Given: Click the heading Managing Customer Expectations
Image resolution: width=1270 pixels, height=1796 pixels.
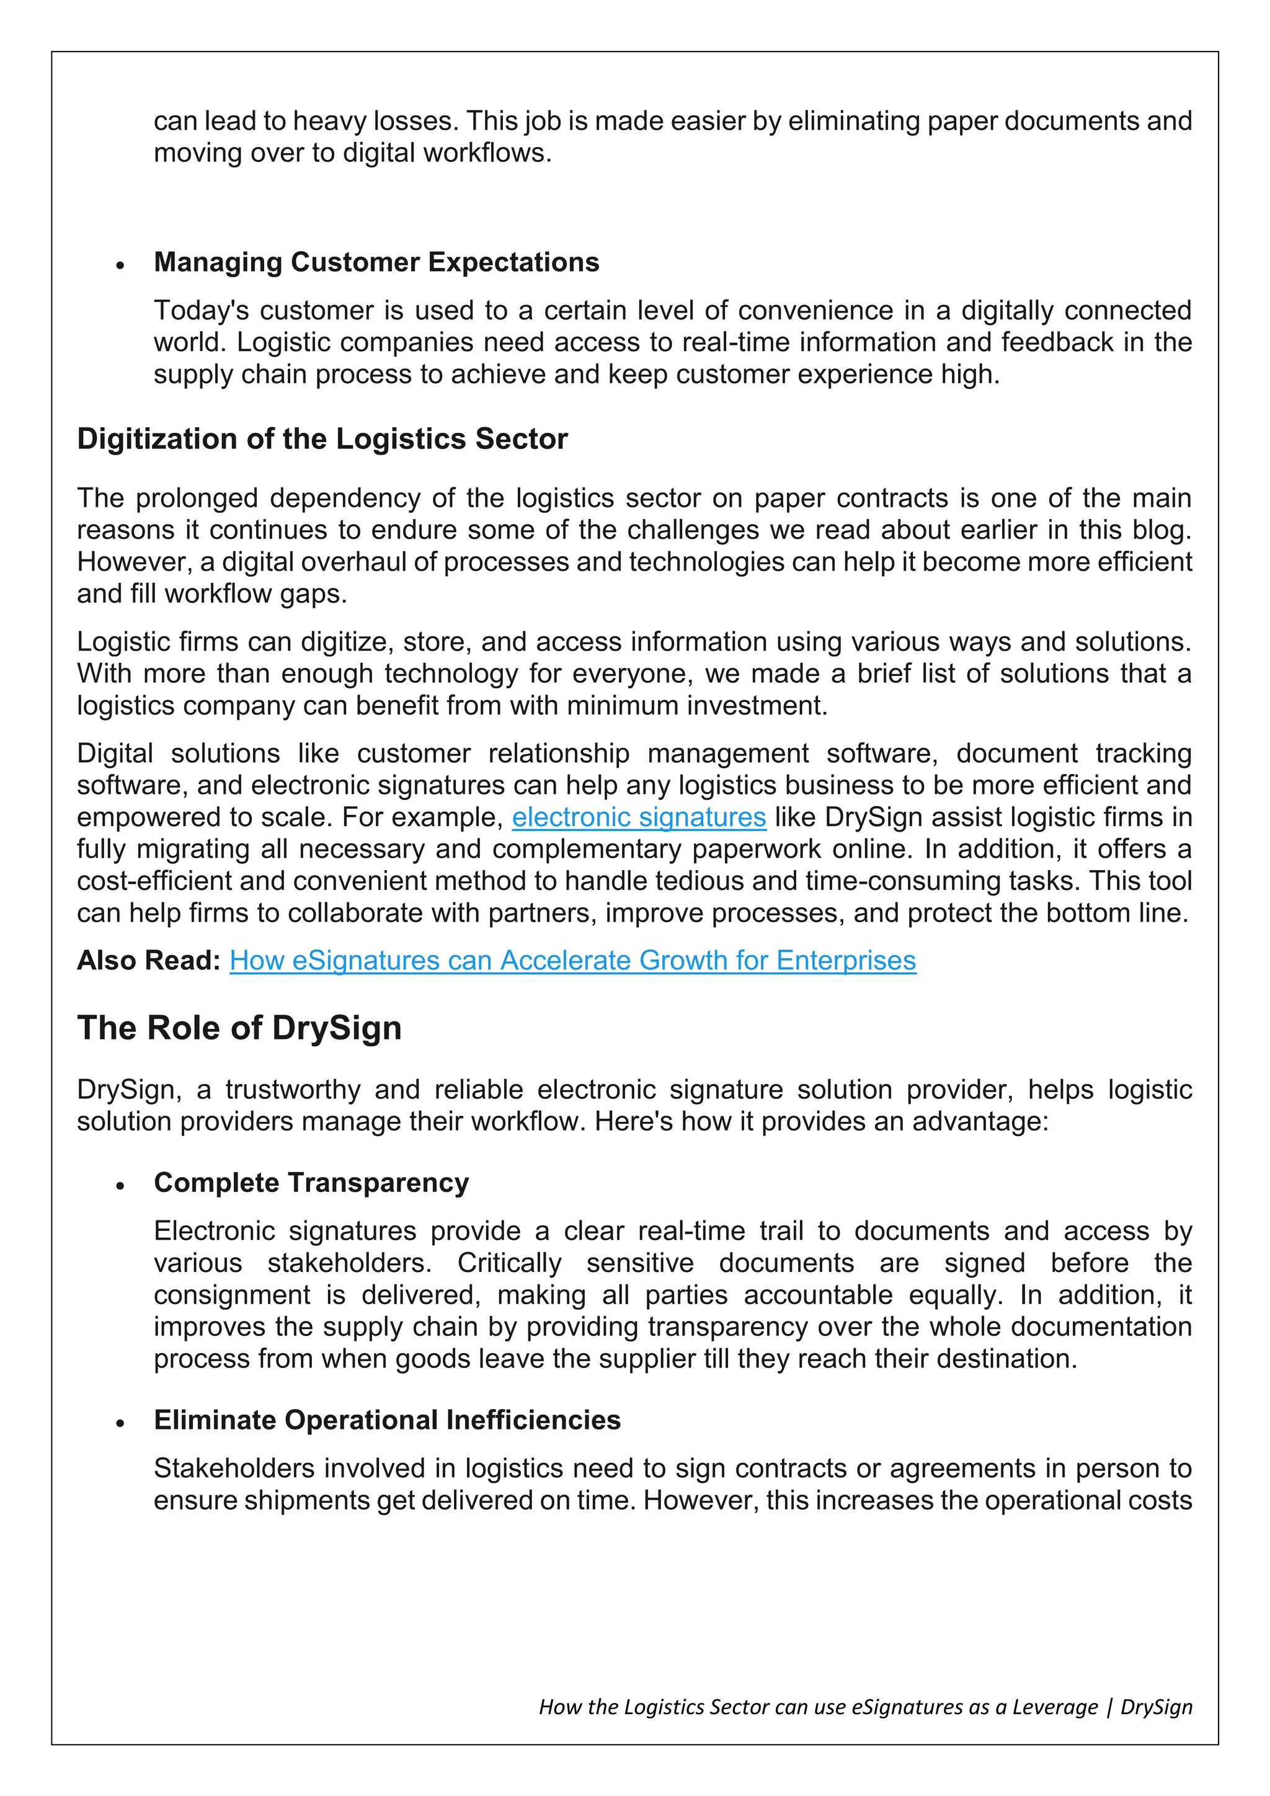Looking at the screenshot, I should (x=376, y=262).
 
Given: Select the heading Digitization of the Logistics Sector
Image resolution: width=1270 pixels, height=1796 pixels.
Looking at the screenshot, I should (x=322, y=439).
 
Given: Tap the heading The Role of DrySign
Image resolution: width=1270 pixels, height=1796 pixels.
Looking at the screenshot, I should (x=239, y=1028).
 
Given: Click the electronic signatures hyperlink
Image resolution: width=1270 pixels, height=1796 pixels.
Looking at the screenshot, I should (x=638, y=817).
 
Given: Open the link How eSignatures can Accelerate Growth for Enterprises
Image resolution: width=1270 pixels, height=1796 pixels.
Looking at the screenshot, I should (x=572, y=960).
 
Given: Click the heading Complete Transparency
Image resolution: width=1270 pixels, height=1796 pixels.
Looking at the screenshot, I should (x=311, y=1183).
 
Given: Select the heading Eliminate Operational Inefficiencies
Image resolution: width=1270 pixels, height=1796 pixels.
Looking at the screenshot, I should (x=387, y=1420).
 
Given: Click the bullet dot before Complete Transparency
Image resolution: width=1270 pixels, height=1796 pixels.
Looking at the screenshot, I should (x=120, y=1186).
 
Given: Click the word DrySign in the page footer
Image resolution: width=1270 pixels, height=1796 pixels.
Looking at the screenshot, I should (x=1156, y=1706).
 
